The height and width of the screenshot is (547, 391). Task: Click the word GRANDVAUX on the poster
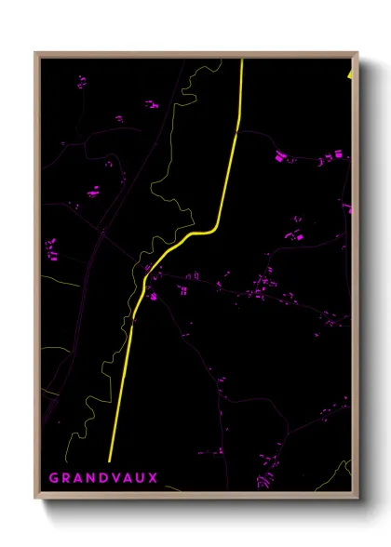tap(103, 478)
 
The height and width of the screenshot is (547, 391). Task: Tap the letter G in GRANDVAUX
tap(54, 478)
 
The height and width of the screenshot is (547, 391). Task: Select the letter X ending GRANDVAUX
tap(154, 478)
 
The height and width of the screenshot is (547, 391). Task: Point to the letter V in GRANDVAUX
tap(115, 478)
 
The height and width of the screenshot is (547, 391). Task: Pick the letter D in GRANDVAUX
tap(102, 478)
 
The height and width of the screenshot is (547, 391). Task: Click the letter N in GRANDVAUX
tap(90, 478)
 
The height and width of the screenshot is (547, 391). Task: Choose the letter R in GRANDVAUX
tap(66, 478)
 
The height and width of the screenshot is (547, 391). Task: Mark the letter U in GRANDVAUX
tap(141, 478)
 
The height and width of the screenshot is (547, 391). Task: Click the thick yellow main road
tap(229, 167)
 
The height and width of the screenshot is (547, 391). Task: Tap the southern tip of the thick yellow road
tap(110, 460)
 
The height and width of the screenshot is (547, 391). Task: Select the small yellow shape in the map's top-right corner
tap(349, 73)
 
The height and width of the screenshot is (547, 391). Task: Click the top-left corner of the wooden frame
tap(35, 53)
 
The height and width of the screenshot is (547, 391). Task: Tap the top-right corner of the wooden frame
tap(357, 53)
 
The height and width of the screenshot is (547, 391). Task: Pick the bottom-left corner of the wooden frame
tap(35, 500)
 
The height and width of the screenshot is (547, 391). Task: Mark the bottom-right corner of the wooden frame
tap(357, 500)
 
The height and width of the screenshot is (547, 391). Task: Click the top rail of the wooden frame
tap(195, 55)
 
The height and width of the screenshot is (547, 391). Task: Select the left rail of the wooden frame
tap(37, 279)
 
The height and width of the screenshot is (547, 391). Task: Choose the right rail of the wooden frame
tap(356, 279)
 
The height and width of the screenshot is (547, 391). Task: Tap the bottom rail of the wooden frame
tap(195, 497)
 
